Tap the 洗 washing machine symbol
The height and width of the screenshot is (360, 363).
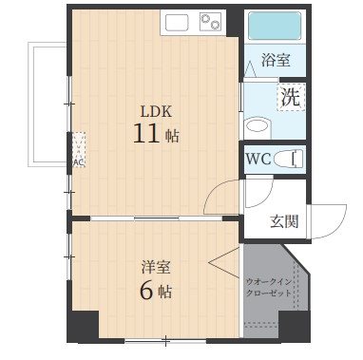pos(289,97)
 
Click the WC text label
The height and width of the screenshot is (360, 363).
pos(258,159)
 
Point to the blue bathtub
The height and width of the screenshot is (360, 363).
pos(275,25)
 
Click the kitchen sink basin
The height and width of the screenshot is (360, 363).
pos(178,21)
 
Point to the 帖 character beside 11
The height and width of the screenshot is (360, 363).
pos(172,136)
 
